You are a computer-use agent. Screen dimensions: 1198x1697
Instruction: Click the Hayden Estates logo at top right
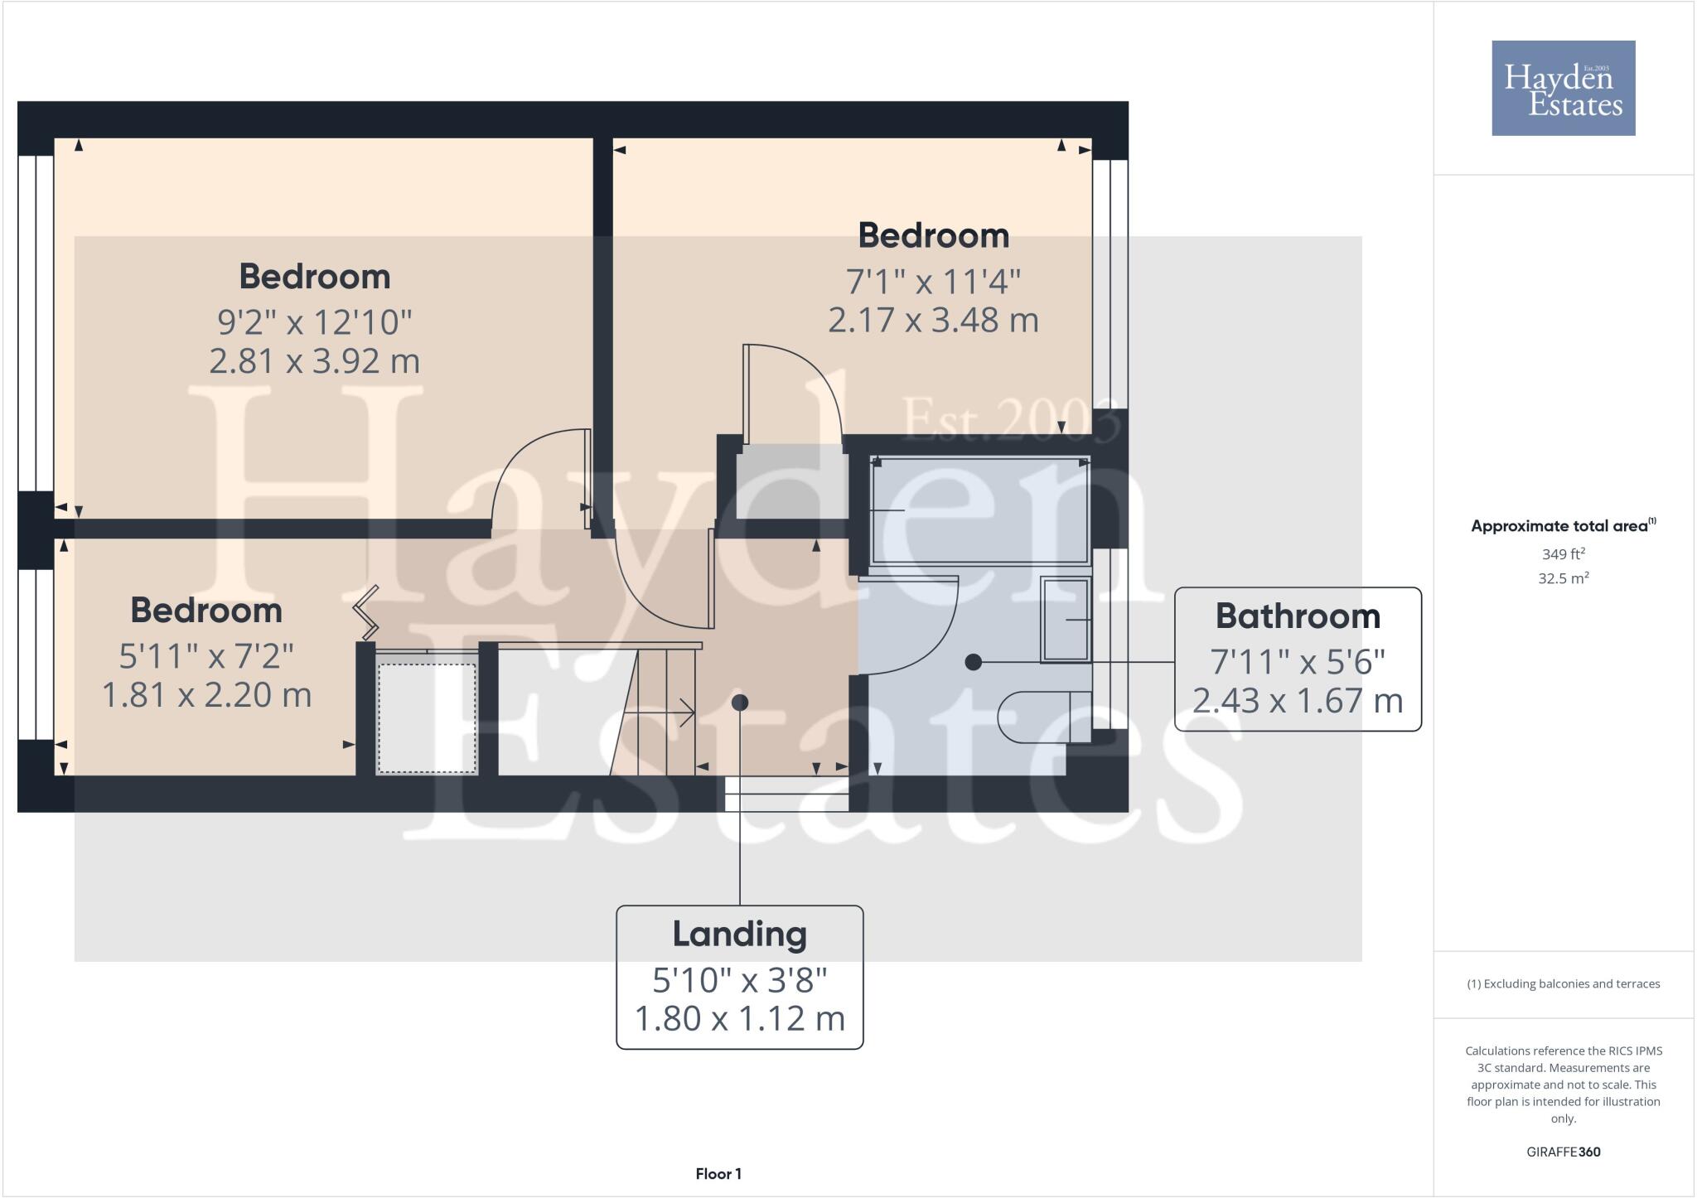[x=1563, y=88]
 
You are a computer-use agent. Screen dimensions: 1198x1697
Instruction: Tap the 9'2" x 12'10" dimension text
[x=314, y=321]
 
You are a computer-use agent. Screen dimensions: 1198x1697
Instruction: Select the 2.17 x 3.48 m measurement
[x=933, y=320]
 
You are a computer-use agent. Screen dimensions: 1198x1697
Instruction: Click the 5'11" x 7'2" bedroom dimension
[x=206, y=656]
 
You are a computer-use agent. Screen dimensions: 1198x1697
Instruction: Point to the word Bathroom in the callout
[x=1298, y=616]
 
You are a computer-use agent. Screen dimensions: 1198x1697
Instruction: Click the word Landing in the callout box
[x=739, y=934]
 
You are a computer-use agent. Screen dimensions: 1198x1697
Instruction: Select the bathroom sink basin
[x=1066, y=620]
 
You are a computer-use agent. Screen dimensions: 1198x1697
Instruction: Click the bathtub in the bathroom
[x=979, y=510]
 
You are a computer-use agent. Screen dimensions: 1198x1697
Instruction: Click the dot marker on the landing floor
[x=740, y=703]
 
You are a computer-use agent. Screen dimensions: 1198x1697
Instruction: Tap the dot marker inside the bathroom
[x=974, y=662]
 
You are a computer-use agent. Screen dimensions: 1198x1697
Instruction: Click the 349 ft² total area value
[x=1563, y=553]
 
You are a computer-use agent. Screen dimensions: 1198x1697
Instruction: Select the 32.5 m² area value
[x=1563, y=578]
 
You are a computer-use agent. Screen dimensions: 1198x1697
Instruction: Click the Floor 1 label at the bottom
[x=718, y=1174]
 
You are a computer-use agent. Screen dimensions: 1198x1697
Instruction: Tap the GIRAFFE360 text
[x=1563, y=1152]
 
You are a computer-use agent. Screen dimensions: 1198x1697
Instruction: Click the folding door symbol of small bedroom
[x=365, y=612]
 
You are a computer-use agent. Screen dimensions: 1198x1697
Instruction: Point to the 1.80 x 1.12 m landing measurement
[x=739, y=1018]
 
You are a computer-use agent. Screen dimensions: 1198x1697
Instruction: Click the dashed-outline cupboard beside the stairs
[x=427, y=713]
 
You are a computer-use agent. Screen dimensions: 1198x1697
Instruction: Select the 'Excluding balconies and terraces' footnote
[x=1563, y=984]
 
